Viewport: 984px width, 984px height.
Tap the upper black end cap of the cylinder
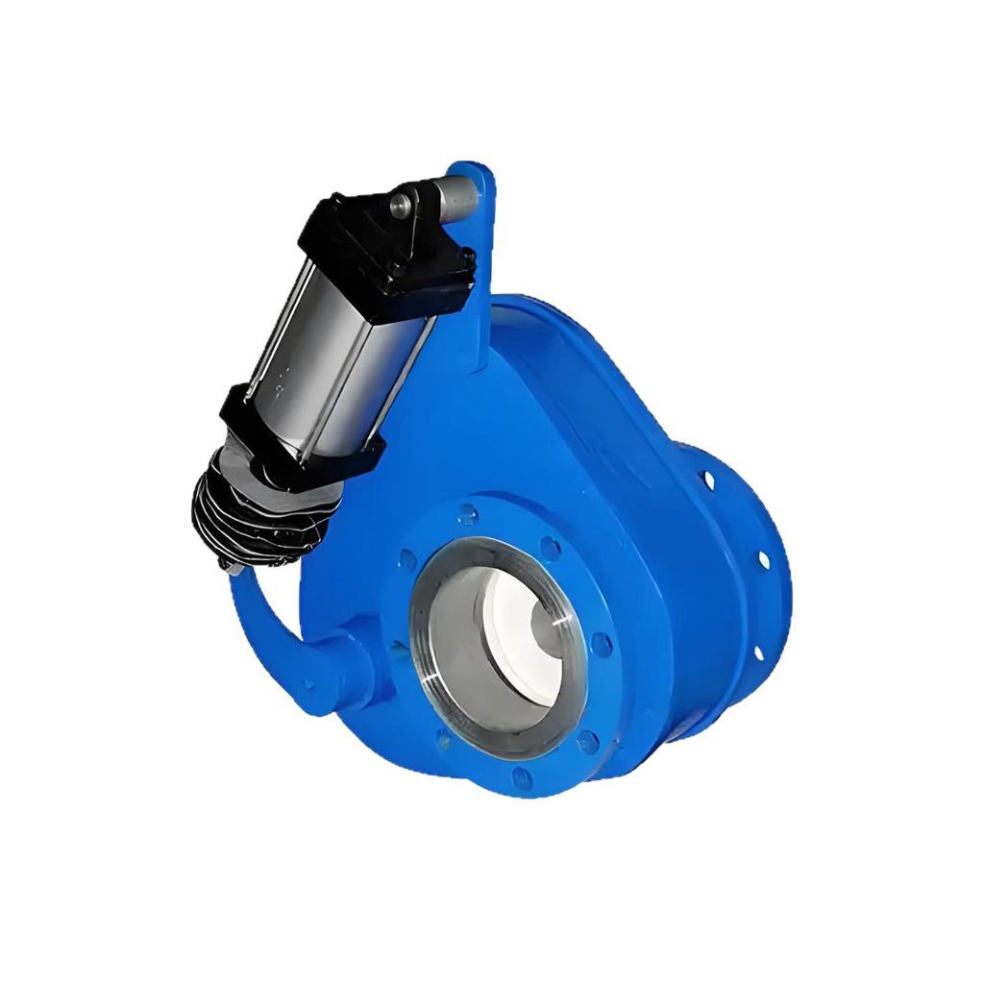coord(389,255)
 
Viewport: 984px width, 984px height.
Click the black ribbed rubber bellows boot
coord(255,519)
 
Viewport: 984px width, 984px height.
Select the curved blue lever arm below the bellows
coord(259,625)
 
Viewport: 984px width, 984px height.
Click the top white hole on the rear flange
coord(709,478)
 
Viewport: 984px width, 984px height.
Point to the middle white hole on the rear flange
coord(764,558)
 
